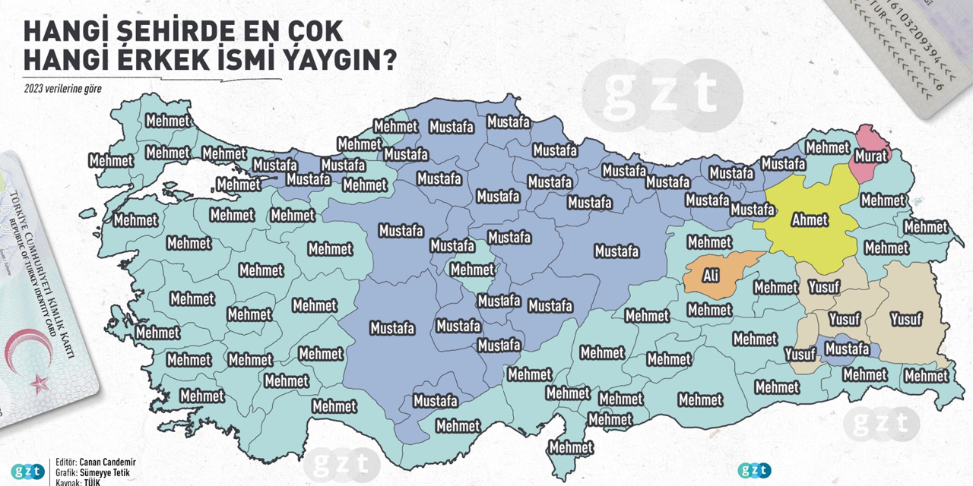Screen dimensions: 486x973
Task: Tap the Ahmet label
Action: click(x=810, y=219)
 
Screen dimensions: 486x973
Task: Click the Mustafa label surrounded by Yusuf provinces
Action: click(x=847, y=349)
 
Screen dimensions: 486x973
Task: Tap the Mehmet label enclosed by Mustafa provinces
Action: click(x=472, y=270)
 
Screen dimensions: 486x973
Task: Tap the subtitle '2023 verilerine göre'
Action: click(x=62, y=87)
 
